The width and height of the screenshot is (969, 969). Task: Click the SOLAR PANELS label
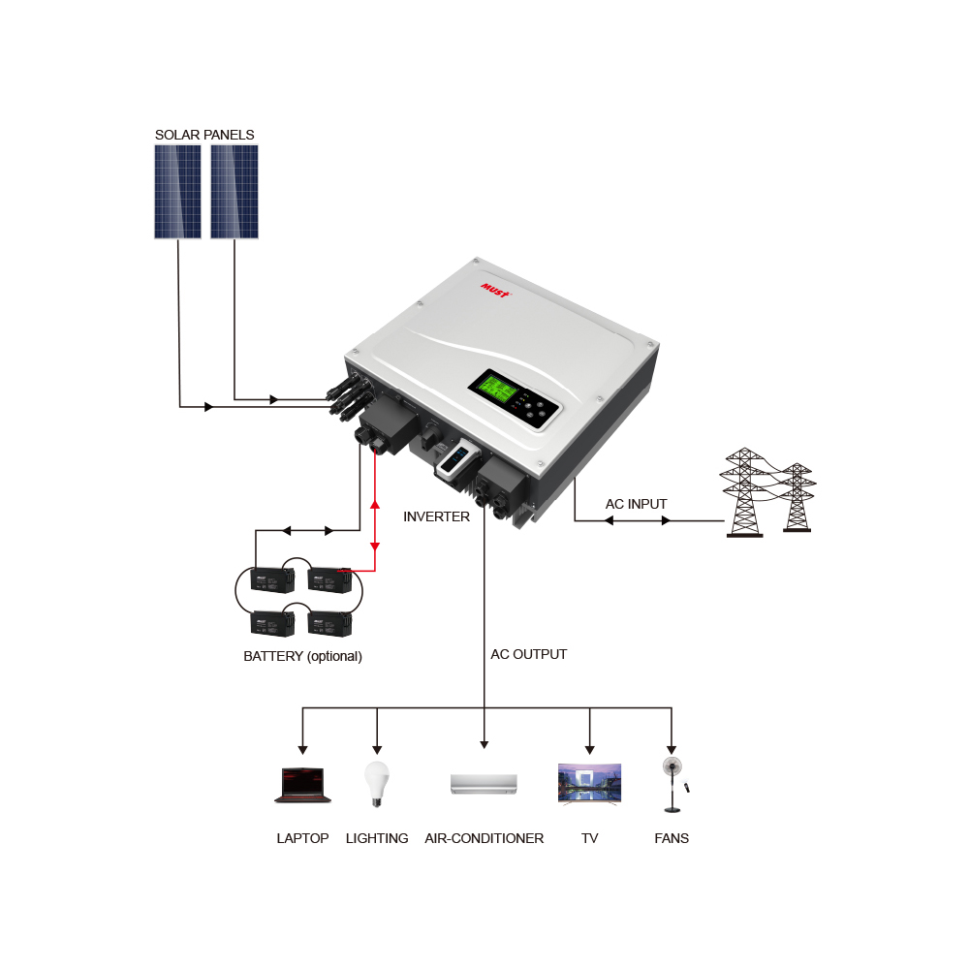coord(204,135)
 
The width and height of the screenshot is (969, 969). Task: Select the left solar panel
coord(177,192)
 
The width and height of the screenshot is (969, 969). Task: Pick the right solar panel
coord(234,192)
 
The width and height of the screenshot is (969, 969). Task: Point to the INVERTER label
coord(436,516)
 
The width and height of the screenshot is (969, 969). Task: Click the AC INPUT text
coord(637,504)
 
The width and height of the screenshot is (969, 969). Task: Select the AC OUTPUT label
coord(528,654)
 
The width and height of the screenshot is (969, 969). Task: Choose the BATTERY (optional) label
coord(302,656)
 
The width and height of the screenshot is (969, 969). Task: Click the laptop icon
coord(303,785)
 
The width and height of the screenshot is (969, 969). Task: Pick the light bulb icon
coord(376,783)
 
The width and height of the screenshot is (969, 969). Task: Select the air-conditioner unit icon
coord(484,784)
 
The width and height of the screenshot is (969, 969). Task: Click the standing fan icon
coord(671,784)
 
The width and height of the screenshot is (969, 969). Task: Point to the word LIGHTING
coord(377,838)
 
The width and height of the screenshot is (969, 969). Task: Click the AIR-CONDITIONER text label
coord(484,838)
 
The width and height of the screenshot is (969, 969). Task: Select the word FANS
coord(672,838)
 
